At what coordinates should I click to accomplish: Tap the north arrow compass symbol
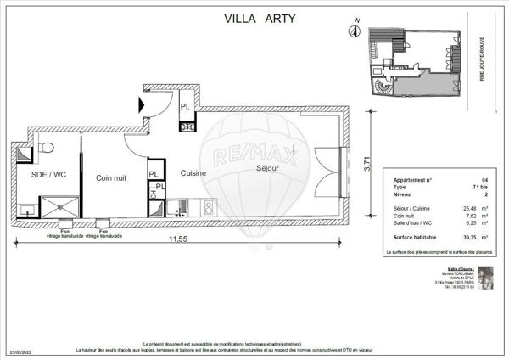[352, 32]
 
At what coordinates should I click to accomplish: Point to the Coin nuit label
[111, 177]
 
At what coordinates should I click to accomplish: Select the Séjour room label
[270, 168]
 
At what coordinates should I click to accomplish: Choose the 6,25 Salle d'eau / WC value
[467, 224]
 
